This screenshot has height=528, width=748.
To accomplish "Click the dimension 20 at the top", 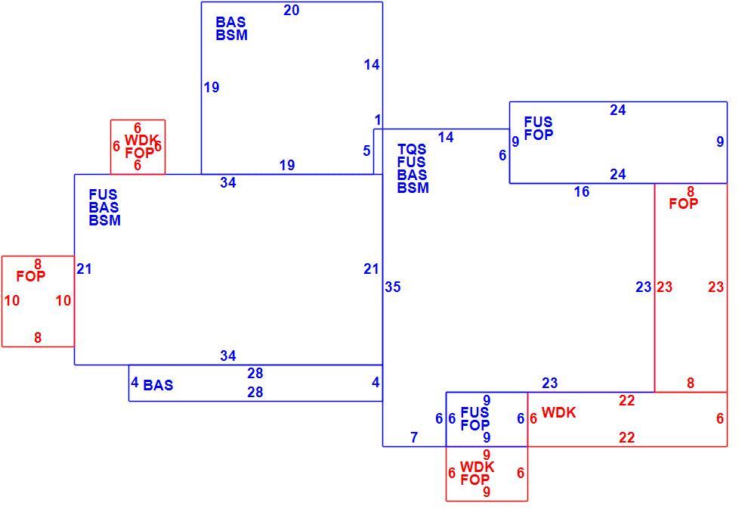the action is [x=292, y=10].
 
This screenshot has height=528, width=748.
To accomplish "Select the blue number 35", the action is [x=393, y=287].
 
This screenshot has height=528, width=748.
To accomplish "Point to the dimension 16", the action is [x=582, y=192].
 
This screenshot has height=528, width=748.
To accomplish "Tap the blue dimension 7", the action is [x=413, y=436].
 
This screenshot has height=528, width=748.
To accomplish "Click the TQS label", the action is [x=412, y=150].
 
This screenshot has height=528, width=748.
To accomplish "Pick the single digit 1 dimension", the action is [x=378, y=120].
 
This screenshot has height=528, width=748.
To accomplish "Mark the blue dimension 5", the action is [x=366, y=151].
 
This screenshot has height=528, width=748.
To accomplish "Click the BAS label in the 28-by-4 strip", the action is [x=158, y=385].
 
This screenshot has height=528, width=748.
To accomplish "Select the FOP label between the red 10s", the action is [x=30, y=276].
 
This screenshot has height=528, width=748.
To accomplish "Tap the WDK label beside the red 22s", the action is [x=558, y=412].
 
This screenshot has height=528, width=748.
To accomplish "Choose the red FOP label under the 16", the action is [x=683, y=203].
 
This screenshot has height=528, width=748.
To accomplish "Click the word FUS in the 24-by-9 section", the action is [x=538, y=123].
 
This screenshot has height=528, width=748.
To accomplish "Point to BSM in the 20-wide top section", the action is [x=231, y=35].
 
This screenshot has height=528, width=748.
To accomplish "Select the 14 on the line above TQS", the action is [x=446, y=138].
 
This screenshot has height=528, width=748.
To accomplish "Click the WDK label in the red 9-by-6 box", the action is [x=477, y=467].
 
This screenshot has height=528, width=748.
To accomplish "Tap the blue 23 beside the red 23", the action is [x=644, y=287].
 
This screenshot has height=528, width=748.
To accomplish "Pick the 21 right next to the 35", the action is [x=371, y=269].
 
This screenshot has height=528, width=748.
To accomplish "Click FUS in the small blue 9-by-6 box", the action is [x=474, y=412].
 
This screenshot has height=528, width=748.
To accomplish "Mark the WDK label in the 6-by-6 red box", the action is [x=141, y=141].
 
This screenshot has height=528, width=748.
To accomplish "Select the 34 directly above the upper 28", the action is [x=228, y=356].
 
